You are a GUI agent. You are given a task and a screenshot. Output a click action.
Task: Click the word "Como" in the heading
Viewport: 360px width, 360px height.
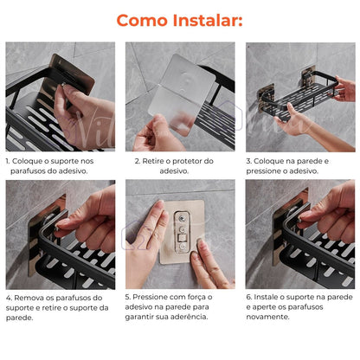tap(144, 20)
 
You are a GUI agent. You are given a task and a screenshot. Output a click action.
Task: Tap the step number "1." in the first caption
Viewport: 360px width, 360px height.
tap(9, 160)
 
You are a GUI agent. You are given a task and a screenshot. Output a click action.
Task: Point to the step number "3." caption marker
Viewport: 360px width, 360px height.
tap(249, 160)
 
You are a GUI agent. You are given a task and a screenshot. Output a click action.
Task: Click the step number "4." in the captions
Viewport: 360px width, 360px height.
tap(9, 297)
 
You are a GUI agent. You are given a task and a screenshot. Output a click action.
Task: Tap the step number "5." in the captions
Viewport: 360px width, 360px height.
tap(129, 297)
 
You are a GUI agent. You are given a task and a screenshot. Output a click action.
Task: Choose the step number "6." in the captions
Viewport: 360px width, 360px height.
tap(249, 297)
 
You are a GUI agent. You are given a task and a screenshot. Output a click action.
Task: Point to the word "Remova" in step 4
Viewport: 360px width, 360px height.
tap(34, 297)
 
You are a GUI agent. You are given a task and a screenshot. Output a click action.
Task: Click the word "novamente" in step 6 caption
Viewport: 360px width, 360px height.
tap(271, 317)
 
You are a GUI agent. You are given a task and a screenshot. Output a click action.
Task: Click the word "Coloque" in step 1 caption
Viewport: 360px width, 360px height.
tap(32, 160)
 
